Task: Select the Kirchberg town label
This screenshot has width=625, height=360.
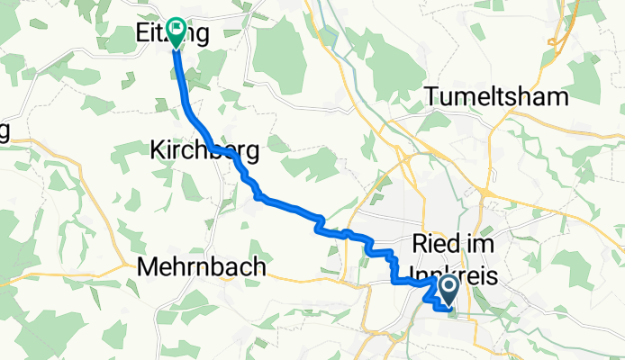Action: [204, 152]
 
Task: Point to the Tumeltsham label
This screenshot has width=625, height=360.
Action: [497, 97]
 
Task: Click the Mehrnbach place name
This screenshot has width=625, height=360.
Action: [202, 267]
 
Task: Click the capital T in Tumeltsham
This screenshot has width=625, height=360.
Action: [434, 97]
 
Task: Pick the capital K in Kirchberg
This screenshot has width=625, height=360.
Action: [157, 152]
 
